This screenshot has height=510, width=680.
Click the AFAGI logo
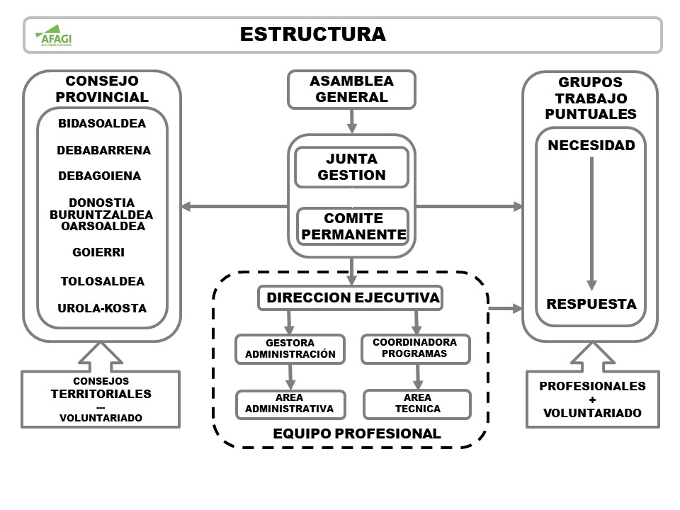click(x=55, y=35)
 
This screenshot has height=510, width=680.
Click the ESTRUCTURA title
click(x=312, y=34)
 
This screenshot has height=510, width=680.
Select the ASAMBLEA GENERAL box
click(x=351, y=89)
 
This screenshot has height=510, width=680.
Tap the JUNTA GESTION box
click(x=351, y=167)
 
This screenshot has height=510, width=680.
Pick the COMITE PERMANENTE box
click(x=351, y=226)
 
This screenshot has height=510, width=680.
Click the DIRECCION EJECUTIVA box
click(x=350, y=298)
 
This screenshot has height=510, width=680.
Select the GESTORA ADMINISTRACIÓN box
click(x=290, y=348)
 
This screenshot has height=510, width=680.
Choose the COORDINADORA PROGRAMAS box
click(x=415, y=348)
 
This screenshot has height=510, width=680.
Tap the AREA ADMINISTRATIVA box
click(x=290, y=404)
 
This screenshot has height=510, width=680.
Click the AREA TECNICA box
click(x=416, y=403)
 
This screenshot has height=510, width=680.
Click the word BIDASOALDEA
click(x=102, y=123)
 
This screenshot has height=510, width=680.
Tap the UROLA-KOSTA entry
click(x=102, y=308)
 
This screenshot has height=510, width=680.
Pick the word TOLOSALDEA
click(x=102, y=281)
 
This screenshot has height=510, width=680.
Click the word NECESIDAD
click(x=591, y=146)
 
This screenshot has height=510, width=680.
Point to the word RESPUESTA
click(x=591, y=304)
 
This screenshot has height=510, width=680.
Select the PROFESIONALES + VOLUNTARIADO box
click(x=592, y=399)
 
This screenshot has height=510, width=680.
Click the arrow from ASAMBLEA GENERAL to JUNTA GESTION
click(x=351, y=121)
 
